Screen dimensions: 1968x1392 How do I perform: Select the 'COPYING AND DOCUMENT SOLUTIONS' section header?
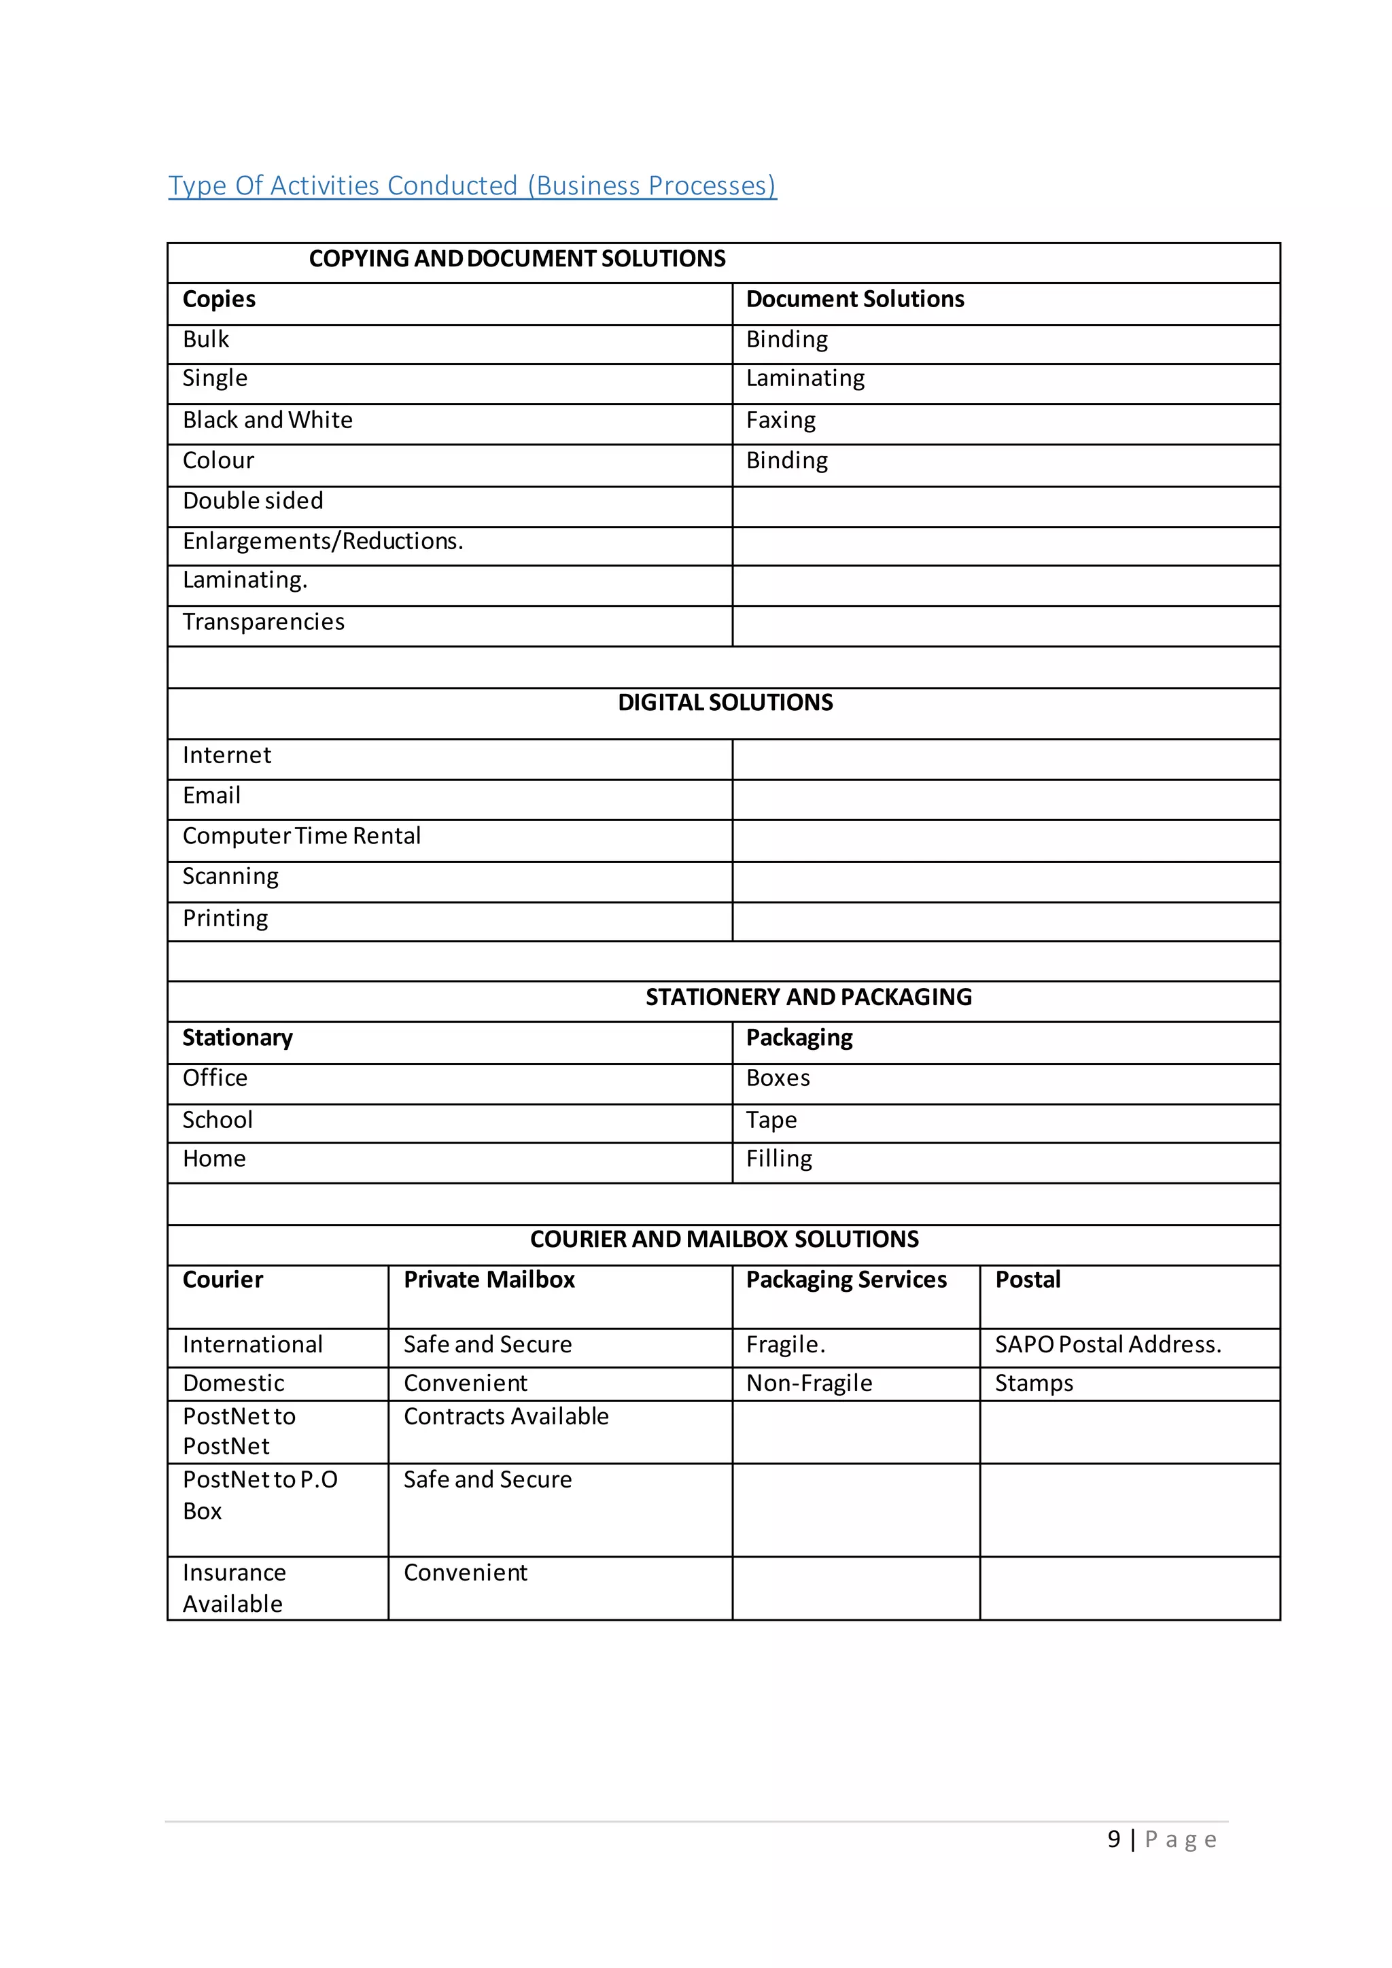[x=517, y=259]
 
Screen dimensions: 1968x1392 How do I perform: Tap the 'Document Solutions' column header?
[x=854, y=299]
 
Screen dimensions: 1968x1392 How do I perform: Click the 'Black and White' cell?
[x=267, y=420]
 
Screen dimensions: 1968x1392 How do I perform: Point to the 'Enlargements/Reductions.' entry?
[x=322, y=541]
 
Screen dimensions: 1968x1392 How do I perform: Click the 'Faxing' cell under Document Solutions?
[x=781, y=420]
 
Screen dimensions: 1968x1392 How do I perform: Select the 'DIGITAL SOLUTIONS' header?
[x=725, y=703]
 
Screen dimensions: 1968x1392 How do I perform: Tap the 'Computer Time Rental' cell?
[x=302, y=836]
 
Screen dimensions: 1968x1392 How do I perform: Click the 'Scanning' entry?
[x=230, y=876]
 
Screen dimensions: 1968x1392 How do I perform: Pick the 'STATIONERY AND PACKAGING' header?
[x=808, y=997]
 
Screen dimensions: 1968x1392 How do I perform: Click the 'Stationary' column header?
[x=237, y=1038]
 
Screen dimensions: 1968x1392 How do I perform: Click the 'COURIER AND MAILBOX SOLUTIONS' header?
[x=725, y=1240]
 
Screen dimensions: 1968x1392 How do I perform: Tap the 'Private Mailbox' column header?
[x=489, y=1280]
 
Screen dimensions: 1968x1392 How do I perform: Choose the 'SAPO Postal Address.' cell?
[x=1107, y=1344]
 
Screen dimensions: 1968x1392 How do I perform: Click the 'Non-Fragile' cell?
[x=809, y=1383]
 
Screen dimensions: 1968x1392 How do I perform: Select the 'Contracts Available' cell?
[x=506, y=1416]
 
